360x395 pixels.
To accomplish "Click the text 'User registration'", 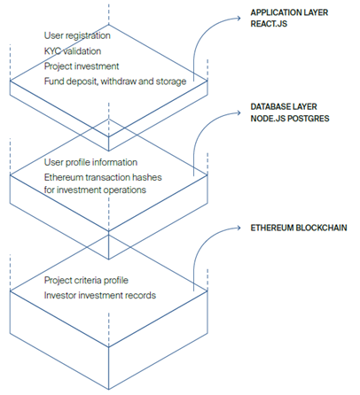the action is (77, 35).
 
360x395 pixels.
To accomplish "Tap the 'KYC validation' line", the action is (73, 51).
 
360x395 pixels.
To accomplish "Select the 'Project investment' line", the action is (82, 66).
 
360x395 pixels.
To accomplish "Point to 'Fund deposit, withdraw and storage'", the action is (115, 81).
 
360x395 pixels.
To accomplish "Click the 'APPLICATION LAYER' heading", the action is (289, 12).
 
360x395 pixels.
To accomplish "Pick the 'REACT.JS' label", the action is (269, 24).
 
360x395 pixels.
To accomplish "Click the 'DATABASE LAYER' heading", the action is (284, 106).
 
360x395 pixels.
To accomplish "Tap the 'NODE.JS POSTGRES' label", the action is (290, 119).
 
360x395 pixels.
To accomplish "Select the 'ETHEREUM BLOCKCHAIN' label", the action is (299, 228).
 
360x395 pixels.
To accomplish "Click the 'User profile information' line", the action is (90, 162).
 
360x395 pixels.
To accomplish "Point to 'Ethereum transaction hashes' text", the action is (103, 177).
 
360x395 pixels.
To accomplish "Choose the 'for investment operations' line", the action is (95, 190).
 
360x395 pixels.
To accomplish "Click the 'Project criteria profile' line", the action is (86, 280).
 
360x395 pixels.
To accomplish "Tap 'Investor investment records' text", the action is (100, 295).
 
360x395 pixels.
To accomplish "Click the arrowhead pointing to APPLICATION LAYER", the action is (239, 19).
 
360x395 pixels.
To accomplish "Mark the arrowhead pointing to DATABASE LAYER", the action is (239, 112).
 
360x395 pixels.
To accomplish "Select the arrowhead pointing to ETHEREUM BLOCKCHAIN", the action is (239, 228).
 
